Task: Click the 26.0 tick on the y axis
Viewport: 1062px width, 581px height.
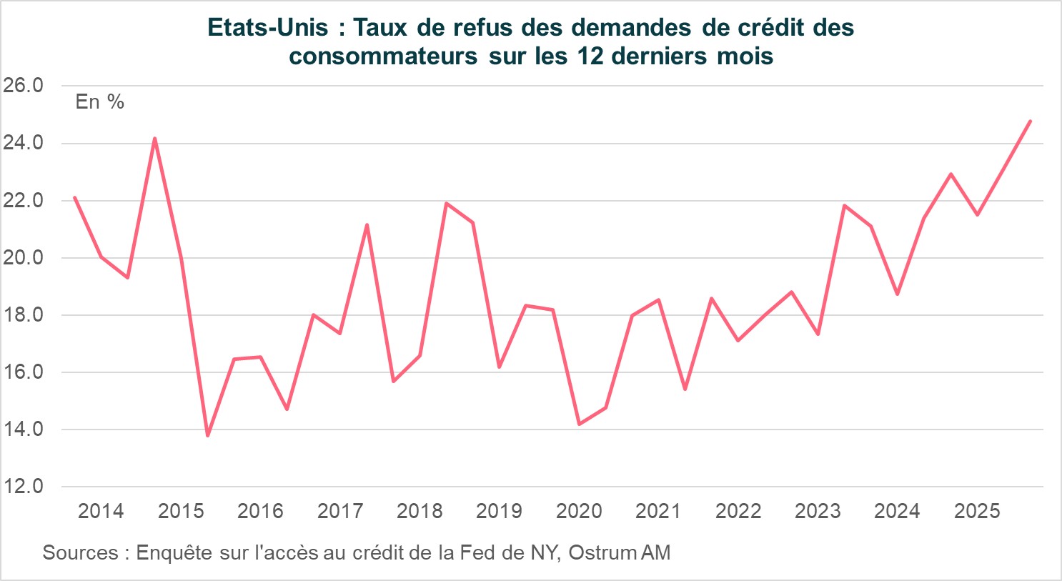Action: pos(23,86)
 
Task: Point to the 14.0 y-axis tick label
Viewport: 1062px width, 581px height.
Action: pos(23,429)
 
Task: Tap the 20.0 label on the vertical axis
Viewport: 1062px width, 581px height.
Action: pos(23,258)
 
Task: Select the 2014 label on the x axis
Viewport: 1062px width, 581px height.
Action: pos(101,512)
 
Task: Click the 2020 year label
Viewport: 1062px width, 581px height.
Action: pos(579,512)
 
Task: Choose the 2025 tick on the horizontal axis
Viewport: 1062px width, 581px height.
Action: pos(977,512)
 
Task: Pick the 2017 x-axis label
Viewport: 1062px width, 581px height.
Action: pos(340,512)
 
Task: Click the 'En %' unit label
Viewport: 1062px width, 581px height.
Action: pos(100,102)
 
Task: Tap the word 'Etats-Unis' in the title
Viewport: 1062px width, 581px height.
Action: pos(268,28)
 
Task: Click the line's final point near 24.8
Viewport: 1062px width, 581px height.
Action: pos(1030,121)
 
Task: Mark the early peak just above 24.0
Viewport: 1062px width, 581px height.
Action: pos(154,139)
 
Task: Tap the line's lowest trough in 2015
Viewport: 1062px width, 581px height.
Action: pos(207,435)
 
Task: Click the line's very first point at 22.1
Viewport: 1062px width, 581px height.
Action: pos(75,198)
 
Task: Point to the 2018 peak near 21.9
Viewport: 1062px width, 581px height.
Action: pos(446,204)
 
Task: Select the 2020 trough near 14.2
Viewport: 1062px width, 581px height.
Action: pos(579,424)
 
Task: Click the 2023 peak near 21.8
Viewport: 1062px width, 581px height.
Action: pos(844,206)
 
